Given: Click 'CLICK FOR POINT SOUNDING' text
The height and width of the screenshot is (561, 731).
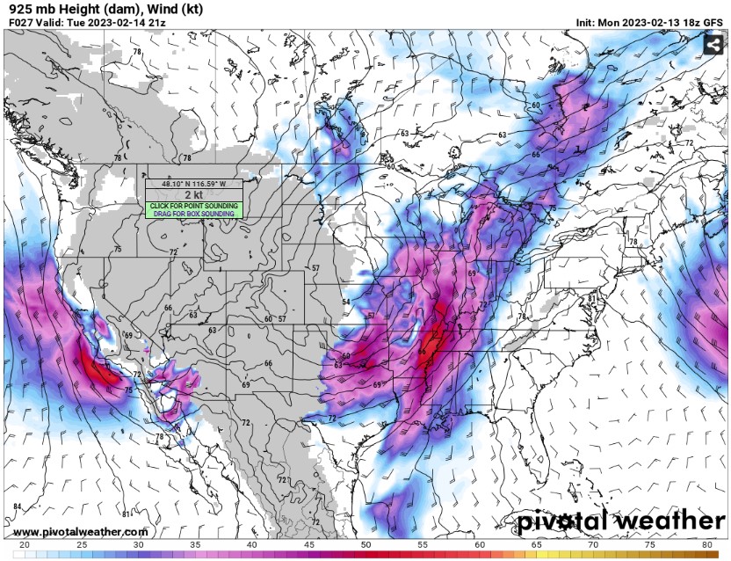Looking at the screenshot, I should (x=193, y=206).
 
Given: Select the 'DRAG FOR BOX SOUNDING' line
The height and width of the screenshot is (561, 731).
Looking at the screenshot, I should (x=193, y=214).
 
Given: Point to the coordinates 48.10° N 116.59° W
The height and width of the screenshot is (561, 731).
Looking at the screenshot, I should (x=193, y=184).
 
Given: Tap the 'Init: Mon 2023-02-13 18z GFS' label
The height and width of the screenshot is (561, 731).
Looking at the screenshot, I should (x=649, y=21).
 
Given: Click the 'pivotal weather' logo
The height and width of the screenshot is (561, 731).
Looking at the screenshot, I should (x=620, y=521).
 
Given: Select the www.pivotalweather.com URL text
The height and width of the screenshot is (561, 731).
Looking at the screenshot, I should (x=81, y=532).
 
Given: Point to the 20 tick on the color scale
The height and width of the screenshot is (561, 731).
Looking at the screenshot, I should (x=24, y=545).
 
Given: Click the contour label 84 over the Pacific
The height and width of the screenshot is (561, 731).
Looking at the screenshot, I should (x=18, y=506).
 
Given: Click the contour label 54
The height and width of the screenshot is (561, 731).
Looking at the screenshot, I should (x=346, y=302).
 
